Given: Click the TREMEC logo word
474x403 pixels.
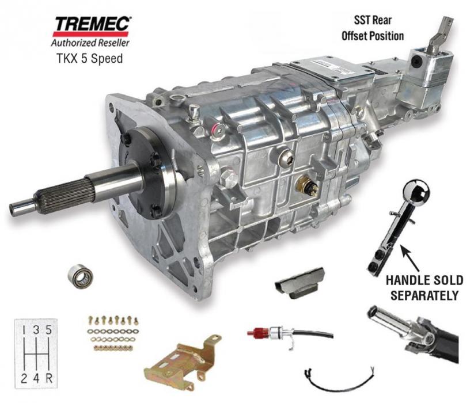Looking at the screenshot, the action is [92, 25].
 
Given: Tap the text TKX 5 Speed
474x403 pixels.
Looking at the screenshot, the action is [90, 58].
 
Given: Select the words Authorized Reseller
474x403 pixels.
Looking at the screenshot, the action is [90, 43].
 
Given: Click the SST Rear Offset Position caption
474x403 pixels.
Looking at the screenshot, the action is [373, 28].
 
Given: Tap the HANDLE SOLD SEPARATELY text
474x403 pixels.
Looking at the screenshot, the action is [424, 288].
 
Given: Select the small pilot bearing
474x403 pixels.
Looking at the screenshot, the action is [81, 276].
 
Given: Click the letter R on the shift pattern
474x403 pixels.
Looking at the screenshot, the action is [49, 378].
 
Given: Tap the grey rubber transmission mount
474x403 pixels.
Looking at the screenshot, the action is [299, 283].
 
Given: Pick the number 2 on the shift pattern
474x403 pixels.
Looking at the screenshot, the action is [24, 378].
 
